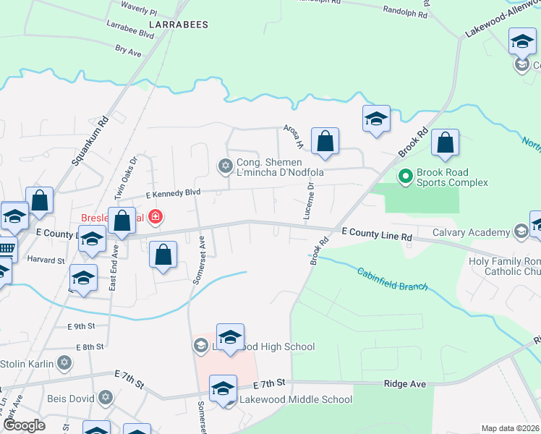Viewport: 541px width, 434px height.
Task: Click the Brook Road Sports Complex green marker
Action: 405,176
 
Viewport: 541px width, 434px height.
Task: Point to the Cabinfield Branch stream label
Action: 393,278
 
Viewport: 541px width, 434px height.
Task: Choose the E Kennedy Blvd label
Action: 172,194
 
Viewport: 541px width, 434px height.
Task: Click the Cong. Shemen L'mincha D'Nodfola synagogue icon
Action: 225,167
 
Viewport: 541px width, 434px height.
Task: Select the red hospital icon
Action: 154,216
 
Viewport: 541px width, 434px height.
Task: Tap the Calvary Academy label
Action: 472,232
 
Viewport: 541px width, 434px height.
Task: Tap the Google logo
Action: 24,425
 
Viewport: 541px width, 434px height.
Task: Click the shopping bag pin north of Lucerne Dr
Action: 325,142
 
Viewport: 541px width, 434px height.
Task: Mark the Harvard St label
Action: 46,259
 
